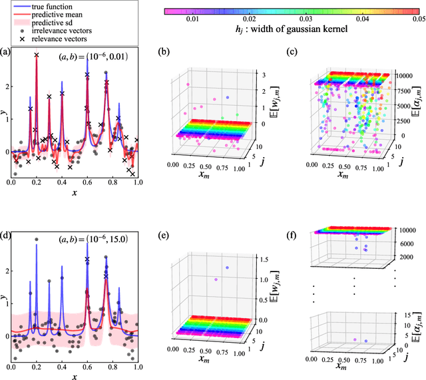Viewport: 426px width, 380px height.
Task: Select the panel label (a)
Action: coord(6,51)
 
